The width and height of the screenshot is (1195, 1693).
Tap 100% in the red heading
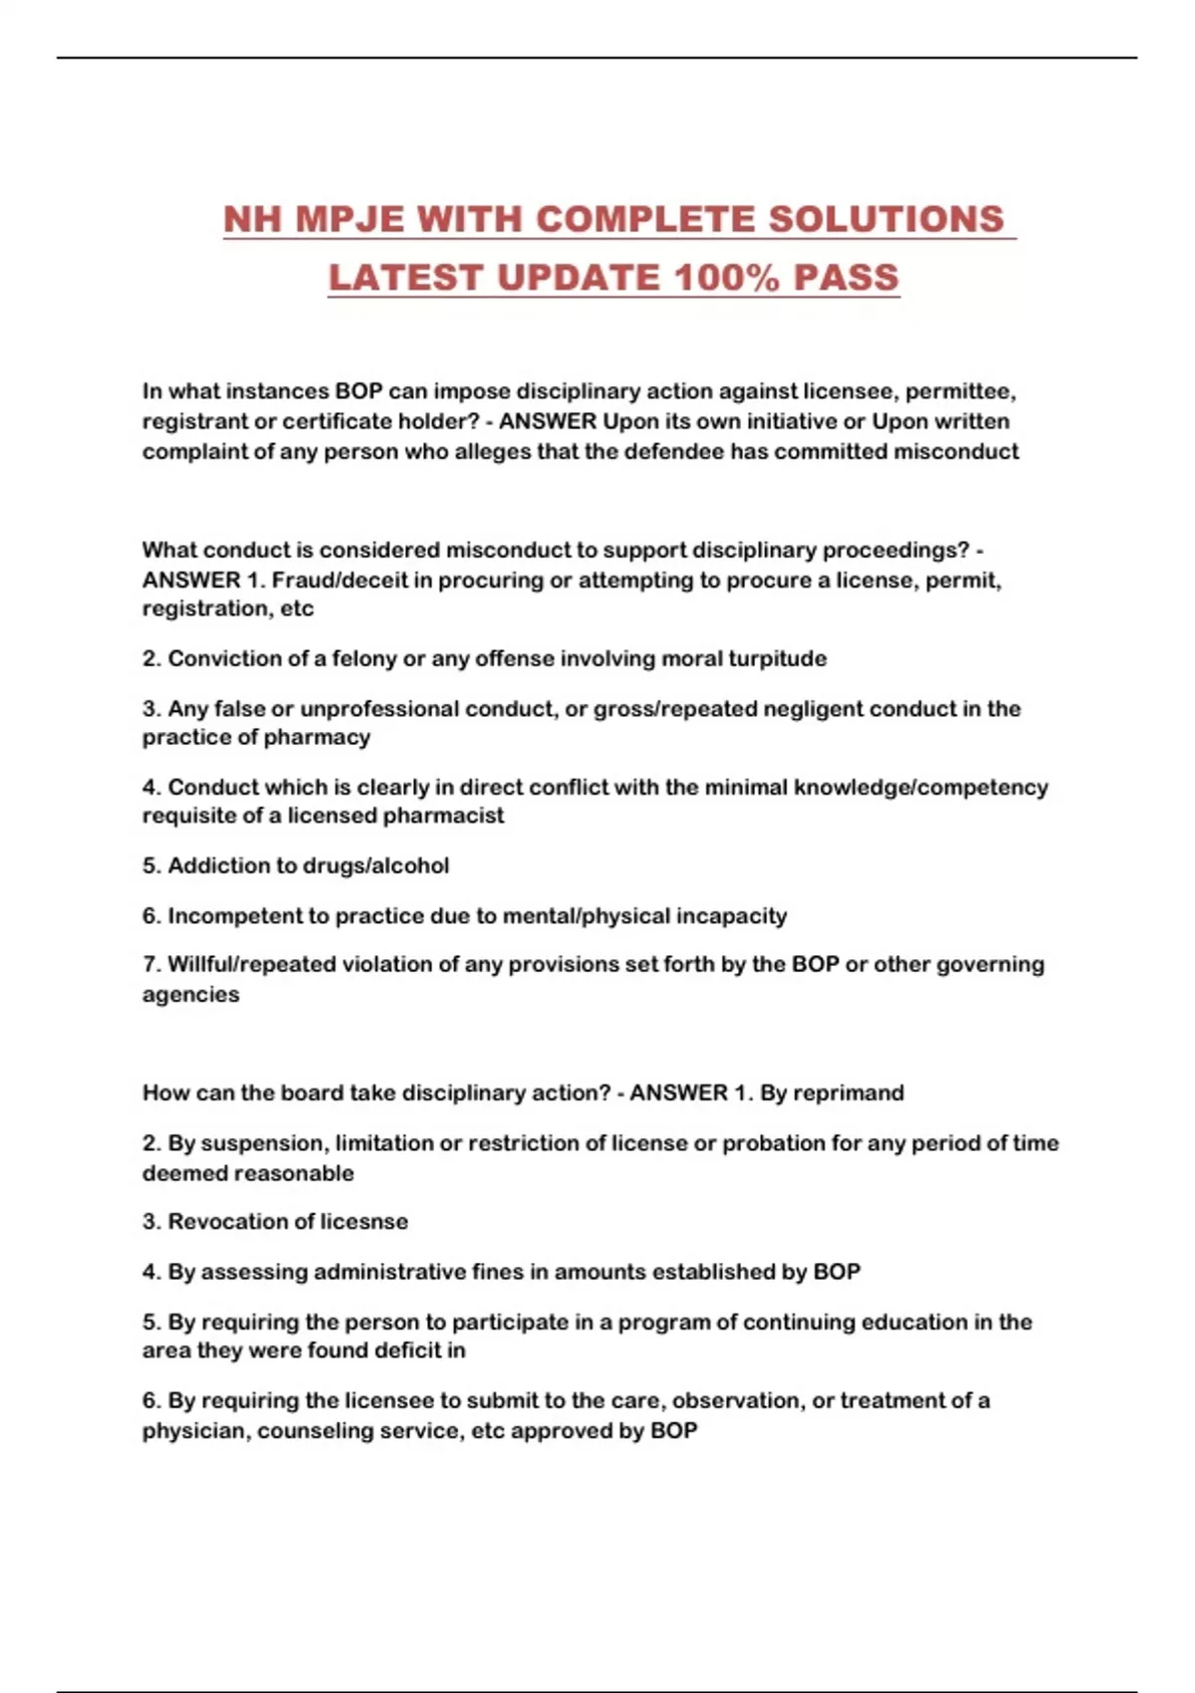pyautogui.click(x=726, y=278)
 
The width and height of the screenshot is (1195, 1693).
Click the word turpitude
pyautogui.click(x=778, y=658)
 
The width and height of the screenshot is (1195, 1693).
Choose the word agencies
pyautogui.click(x=190, y=994)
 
